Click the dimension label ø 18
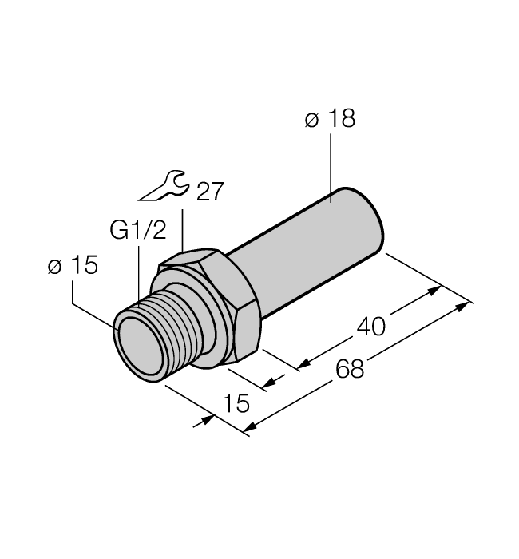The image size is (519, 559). pyautogui.click(x=330, y=120)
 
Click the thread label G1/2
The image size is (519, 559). pyautogui.click(x=138, y=232)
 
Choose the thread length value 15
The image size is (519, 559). pyautogui.click(x=234, y=403)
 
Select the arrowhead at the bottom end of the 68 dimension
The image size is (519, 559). pyautogui.click(x=249, y=432)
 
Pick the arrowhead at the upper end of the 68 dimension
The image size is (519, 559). pyautogui.click(x=466, y=306)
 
